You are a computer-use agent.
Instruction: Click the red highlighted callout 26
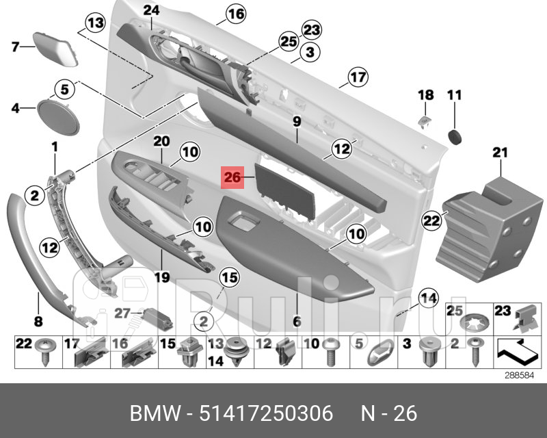click(x=232, y=178)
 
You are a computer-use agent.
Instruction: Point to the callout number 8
click(x=38, y=320)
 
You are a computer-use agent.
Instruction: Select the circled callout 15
click(x=229, y=277)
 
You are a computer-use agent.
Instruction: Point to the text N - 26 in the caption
click(x=389, y=414)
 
